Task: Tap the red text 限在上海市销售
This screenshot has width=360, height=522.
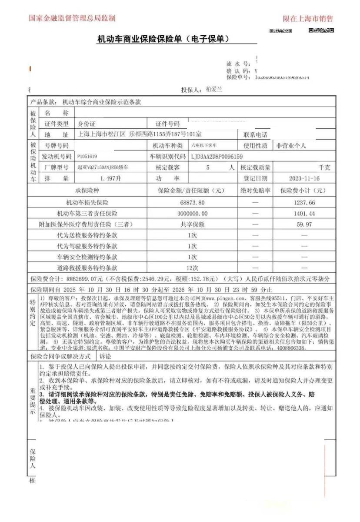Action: (308, 19)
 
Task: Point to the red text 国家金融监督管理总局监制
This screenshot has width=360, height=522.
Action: (72, 18)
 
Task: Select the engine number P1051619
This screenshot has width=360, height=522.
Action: (87, 156)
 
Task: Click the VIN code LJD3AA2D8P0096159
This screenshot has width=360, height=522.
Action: (217, 156)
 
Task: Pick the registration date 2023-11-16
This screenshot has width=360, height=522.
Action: (304, 178)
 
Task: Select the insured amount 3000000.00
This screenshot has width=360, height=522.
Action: (193, 214)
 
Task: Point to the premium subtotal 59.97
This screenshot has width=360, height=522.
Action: (304, 224)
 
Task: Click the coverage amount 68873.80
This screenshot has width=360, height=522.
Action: (192, 203)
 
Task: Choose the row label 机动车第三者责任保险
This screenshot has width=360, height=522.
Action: (87, 214)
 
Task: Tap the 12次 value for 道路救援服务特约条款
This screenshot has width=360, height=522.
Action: (192, 268)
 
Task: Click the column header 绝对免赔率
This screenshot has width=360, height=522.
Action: (255, 191)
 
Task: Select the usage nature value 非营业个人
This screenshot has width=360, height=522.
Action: (291, 145)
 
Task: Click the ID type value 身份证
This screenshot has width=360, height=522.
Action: (87, 124)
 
